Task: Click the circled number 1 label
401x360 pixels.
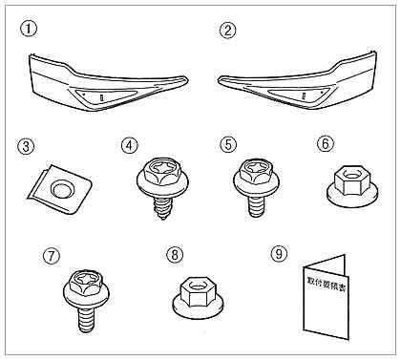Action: pos(29,29)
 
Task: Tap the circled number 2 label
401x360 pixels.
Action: pos(228,31)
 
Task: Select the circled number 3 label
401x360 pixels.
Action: pos(26,147)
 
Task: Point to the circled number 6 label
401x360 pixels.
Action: pos(325,144)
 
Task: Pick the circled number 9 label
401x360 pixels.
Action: pos(279,253)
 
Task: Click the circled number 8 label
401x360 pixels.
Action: pos(175,255)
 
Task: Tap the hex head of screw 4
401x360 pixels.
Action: pos(159,172)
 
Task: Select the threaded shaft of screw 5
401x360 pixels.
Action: pos(256,205)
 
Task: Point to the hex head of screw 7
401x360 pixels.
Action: pos(87,281)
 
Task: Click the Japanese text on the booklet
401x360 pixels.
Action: pos(327,285)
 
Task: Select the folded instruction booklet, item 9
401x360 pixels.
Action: pos(324,298)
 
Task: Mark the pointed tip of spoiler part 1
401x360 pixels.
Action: pos(187,79)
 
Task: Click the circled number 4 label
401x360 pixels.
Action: pos(130,145)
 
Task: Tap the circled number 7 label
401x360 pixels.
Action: pos(52,256)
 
